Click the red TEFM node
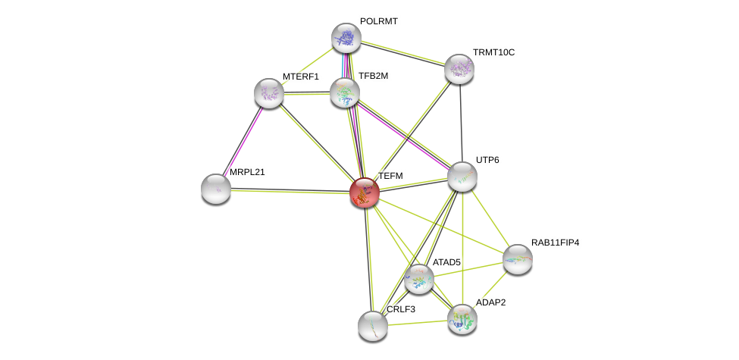coord(365,193)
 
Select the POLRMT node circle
coord(346,38)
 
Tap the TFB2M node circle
coord(345,92)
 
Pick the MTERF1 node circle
coord(269,93)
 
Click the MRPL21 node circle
coord(216,189)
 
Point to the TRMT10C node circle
coord(459,69)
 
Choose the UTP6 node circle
coord(462,177)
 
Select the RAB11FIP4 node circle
coord(518,259)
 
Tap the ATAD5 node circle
coord(419,278)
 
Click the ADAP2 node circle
coord(462,319)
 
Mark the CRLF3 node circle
coord(373,326)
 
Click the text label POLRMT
coord(378,21)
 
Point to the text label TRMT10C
coord(493,52)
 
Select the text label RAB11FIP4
coord(555,243)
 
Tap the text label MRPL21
coord(247,172)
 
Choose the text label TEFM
coord(390,176)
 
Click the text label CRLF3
coord(401,309)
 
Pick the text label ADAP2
coord(490,302)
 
